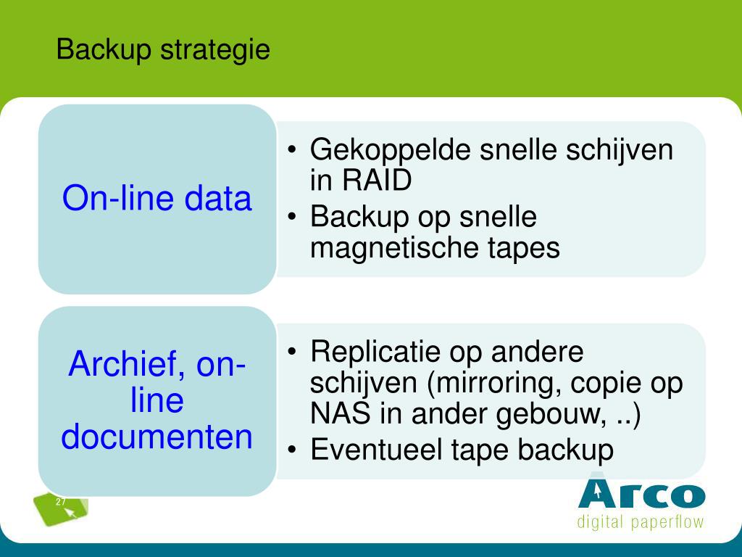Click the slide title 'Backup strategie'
163,50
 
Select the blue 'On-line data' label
157,198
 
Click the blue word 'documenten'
157,436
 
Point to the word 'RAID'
377,180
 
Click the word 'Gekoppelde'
391,150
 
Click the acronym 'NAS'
341,413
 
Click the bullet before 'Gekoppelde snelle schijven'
292,149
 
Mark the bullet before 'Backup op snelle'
292,216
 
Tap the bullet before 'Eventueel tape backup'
292,449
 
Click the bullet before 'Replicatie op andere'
292,352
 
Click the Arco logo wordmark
642,493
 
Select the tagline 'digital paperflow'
641,522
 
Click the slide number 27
61,502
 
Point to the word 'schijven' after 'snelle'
620,150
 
